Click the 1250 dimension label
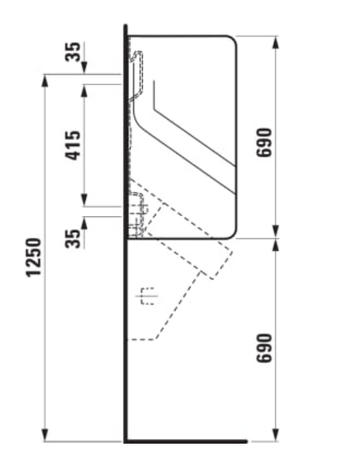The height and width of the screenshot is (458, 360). [34, 258]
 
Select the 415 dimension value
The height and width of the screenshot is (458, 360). [72, 145]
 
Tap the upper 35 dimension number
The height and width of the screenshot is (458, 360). [72, 52]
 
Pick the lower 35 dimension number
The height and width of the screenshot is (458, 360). [72, 239]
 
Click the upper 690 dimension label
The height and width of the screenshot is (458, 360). [264, 142]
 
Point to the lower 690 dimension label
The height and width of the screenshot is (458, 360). [264, 348]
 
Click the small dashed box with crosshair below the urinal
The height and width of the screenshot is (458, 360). [148, 296]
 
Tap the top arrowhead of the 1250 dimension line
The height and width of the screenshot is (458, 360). [44, 81]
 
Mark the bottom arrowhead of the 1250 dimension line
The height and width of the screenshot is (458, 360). [44, 435]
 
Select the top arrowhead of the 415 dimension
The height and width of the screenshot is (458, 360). [84, 90]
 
